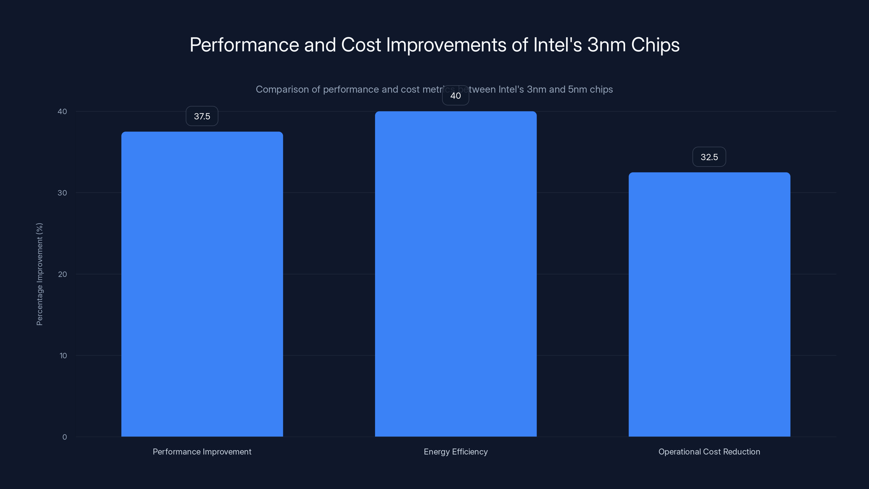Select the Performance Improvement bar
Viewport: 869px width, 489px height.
[x=202, y=283]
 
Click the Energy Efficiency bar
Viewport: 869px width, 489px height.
[x=455, y=273]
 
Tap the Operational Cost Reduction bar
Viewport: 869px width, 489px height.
[x=709, y=304]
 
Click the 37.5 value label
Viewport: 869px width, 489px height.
[x=202, y=116]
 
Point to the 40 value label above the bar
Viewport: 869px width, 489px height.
[x=455, y=96]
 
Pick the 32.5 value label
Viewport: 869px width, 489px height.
[x=709, y=157]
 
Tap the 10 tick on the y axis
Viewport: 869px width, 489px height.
[x=63, y=355]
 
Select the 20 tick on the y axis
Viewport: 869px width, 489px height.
[x=62, y=274]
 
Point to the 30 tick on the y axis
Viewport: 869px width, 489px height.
[x=62, y=193]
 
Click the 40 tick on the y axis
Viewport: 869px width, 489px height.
[x=62, y=111]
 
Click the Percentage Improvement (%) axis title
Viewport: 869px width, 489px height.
[x=39, y=274]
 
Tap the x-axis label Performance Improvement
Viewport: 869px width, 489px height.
[x=202, y=452]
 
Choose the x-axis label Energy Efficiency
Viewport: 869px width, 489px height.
[x=455, y=452]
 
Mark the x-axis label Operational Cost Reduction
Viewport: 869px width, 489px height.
[x=709, y=452]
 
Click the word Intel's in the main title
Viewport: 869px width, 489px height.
[x=557, y=45]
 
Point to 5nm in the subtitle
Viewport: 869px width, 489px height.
[x=577, y=89]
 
